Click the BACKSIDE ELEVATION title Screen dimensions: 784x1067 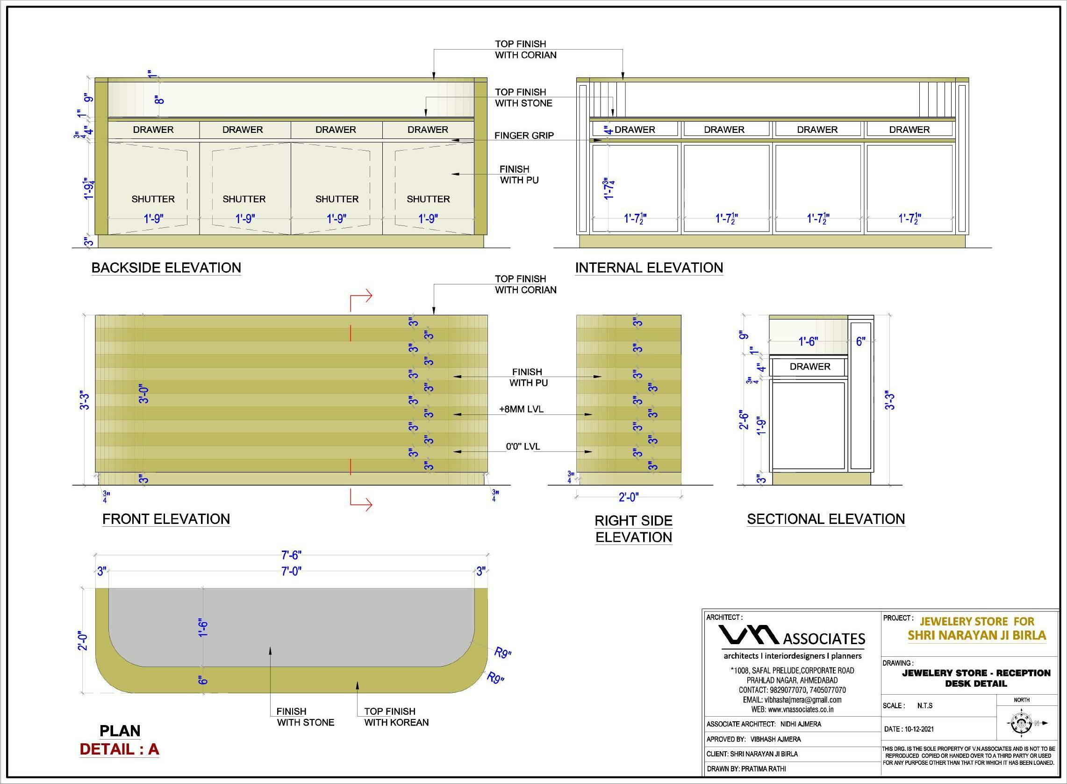click(x=166, y=268)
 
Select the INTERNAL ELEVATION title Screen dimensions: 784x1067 click(x=649, y=268)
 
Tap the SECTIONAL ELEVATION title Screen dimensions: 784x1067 click(x=826, y=519)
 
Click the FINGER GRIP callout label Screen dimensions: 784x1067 click(x=524, y=136)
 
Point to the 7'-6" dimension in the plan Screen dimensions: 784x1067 click(x=291, y=555)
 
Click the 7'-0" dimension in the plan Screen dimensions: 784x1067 click(x=291, y=571)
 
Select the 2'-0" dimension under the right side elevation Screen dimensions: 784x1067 click(x=629, y=497)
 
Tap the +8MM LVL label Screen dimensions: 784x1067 click(x=521, y=409)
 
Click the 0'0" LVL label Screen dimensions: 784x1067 click(x=523, y=447)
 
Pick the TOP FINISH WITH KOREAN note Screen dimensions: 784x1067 click(x=396, y=717)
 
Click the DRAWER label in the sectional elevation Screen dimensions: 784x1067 click(x=809, y=366)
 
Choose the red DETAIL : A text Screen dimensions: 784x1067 click(x=119, y=749)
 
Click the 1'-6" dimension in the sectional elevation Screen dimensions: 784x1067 click(x=808, y=341)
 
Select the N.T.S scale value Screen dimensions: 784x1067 click(x=925, y=706)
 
